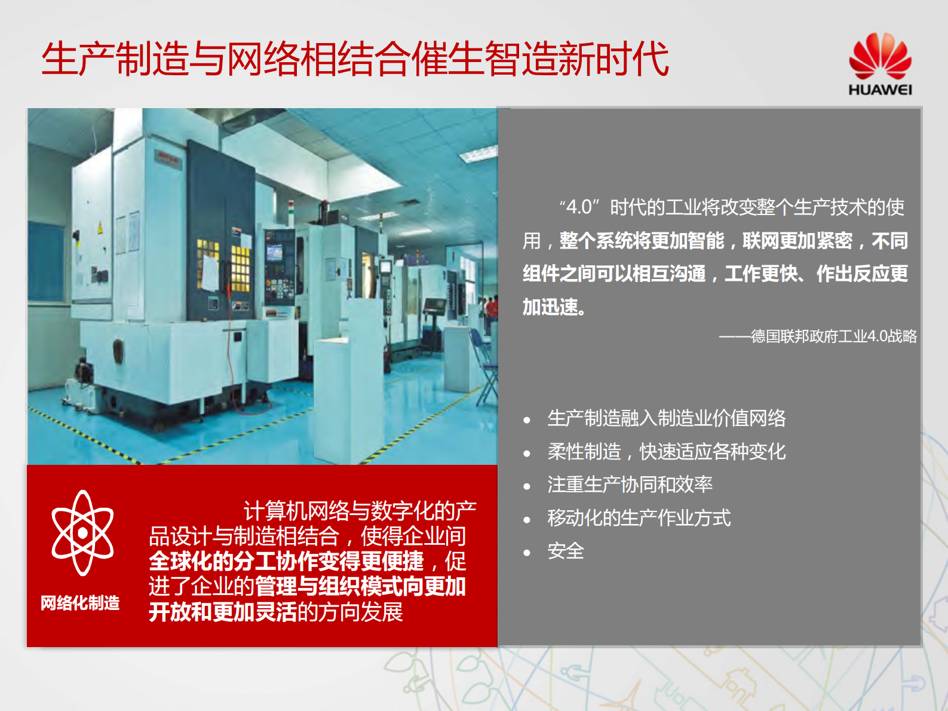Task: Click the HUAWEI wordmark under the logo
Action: (x=880, y=90)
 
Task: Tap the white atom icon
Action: (x=82, y=532)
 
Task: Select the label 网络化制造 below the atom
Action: (x=80, y=603)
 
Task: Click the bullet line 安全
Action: (x=565, y=551)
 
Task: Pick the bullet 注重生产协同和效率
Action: (x=630, y=485)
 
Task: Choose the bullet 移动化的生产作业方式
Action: (x=639, y=518)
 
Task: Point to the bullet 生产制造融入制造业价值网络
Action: (x=666, y=418)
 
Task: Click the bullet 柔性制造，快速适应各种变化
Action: (x=666, y=452)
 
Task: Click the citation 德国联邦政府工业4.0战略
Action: (x=833, y=336)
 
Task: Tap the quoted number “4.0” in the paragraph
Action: (x=578, y=207)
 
